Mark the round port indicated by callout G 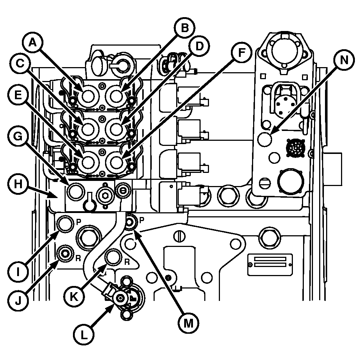point(75,191)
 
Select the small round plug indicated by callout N point(265,139)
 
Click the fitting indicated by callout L point(119,299)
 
